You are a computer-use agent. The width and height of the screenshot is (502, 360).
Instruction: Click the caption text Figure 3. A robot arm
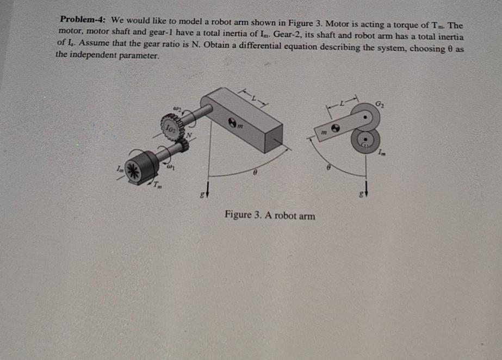pos(270,215)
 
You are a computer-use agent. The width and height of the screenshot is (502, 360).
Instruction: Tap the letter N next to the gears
pos(190,135)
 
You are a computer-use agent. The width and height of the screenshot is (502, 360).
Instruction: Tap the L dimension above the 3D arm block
pos(253,98)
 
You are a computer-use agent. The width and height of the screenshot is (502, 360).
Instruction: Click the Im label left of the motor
pos(116,172)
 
